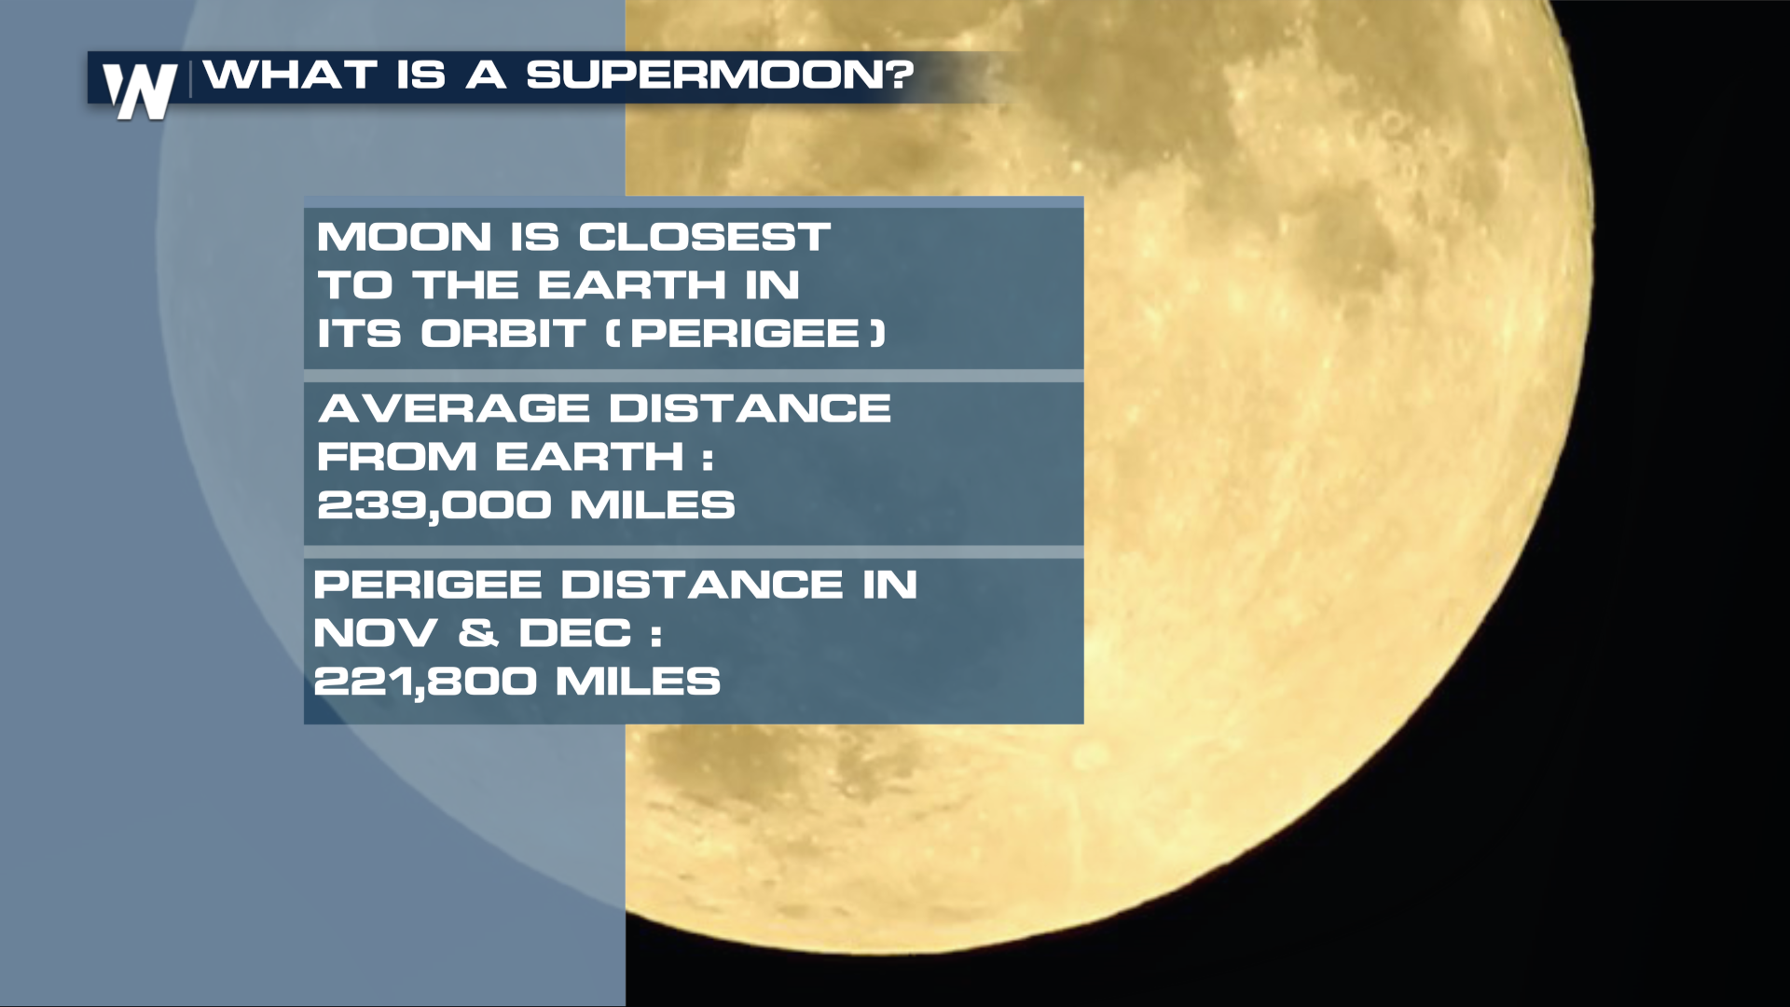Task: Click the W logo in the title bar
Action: coord(140,91)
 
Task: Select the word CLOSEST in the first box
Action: coord(704,237)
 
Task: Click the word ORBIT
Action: coord(503,334)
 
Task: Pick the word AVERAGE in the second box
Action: coord(454,408)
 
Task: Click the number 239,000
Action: coord(434,505)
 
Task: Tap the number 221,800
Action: coord(425,682)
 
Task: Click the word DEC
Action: coord(575,634)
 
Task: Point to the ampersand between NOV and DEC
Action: coord(477,634)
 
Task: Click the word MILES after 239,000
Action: coord(653,505)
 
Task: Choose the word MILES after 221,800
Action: coord(639,682)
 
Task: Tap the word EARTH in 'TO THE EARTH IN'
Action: coord(633,285)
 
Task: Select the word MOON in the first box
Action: coord(404,237)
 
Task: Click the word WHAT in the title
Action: coord(291,75)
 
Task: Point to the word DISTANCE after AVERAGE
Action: coord(750,408)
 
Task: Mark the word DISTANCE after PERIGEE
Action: coord(702,586)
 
